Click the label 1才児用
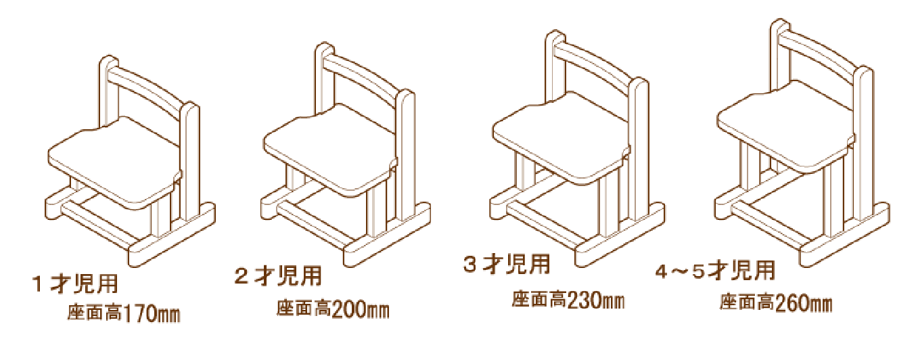[x=76, y=284]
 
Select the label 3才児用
[x=507, y=264]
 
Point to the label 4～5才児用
[x=715, y=270]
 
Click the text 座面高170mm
[x=124, y=313]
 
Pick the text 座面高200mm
[x=333, y=309]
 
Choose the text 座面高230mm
[x=568, y=300]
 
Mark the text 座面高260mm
[x=776, y=302]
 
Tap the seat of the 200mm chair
[x=330, y=148]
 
